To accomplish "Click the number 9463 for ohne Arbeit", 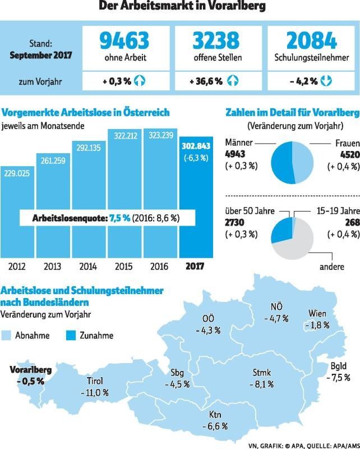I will click(124, 40).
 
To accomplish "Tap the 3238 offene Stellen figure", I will click(215, 40).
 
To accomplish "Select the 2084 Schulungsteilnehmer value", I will click(312, 40).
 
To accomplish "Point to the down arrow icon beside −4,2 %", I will click(326, 81).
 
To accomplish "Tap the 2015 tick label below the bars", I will click(124, 265).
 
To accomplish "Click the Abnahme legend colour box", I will click(7, 336).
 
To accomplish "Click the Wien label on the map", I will click(317, 313).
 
